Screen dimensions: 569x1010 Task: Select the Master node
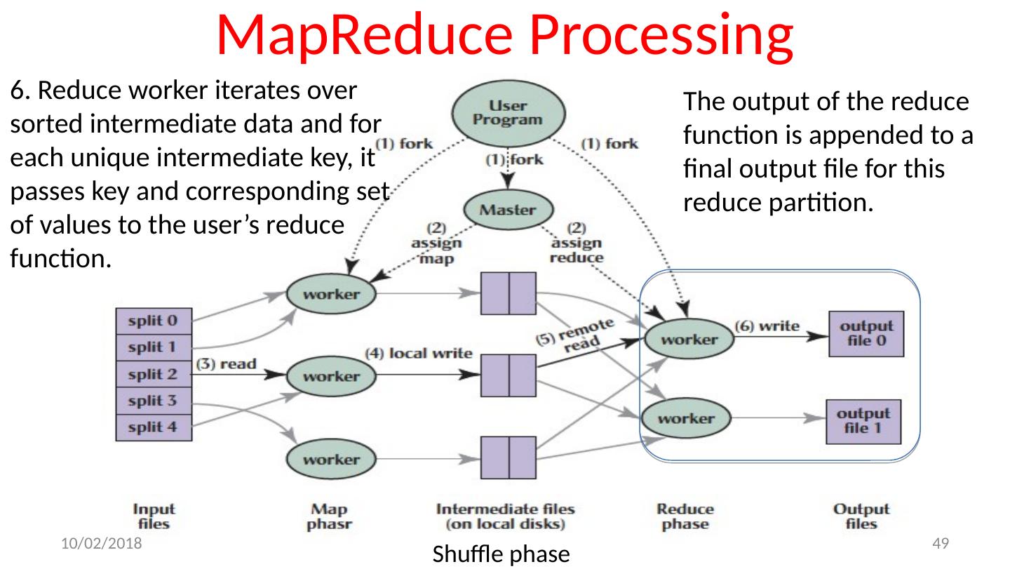pyautogui.click(x=509, y=209)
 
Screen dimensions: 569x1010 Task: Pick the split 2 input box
pyautogui.click(x=153, y=373)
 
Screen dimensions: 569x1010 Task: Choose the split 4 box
pyautogui.click(x=153, y=427)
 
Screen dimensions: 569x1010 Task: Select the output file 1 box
pyautogui.click(x=863, y=420)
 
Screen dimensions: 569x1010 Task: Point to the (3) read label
pyautogui.click(x=226, y=364)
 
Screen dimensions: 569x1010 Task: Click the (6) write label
pyautogui.click(x=767, y=326)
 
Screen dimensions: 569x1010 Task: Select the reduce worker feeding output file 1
pyautogui.click(x=687, y=419)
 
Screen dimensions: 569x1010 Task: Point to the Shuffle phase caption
pyautogui.click(x=499, y=554)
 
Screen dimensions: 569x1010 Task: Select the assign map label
pyautogui.click(x=436, y=243)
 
